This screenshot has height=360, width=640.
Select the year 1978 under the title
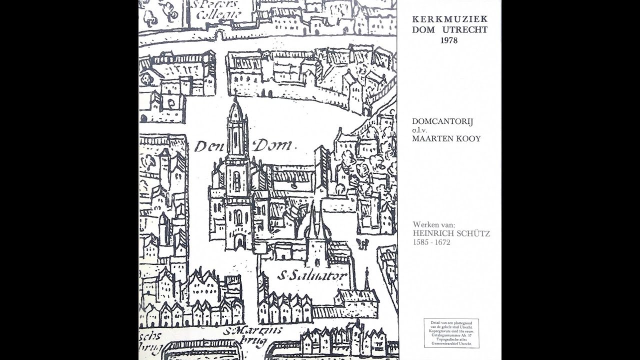[449, 40]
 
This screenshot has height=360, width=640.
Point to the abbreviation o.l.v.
[420, 130]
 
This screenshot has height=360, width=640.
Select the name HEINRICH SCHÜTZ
[451, 233]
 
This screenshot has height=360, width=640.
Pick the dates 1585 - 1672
[431, 242]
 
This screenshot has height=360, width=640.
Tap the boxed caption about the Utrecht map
[451, 333]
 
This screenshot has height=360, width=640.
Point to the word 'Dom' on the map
[273, 146]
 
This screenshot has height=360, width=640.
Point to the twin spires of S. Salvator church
[316, 222]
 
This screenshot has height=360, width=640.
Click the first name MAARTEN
[430, 138]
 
